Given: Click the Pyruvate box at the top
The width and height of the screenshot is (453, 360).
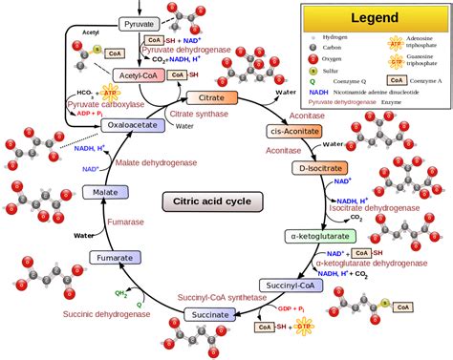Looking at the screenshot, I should coord(140,22).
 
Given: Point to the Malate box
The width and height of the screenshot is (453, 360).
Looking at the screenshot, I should coord(99,193).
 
